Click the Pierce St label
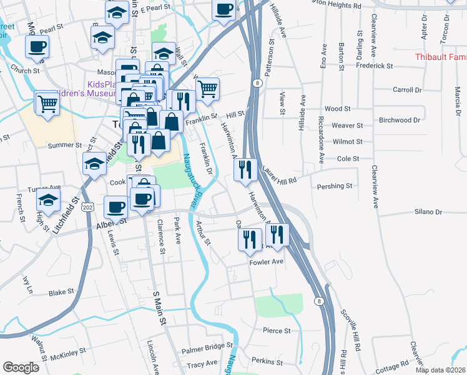click(x=277, y=330)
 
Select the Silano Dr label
click(x=427, y=212)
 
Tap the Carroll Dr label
click(x=408, y=90)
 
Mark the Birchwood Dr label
click(x=400, y=119)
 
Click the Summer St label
click(x=61, y=145)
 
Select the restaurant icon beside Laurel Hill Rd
click(x=246, y=169)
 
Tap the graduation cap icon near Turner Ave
click(x=48, y=201)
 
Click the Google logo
click(x=21, y=367)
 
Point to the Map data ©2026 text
click(x=440, y=370)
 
